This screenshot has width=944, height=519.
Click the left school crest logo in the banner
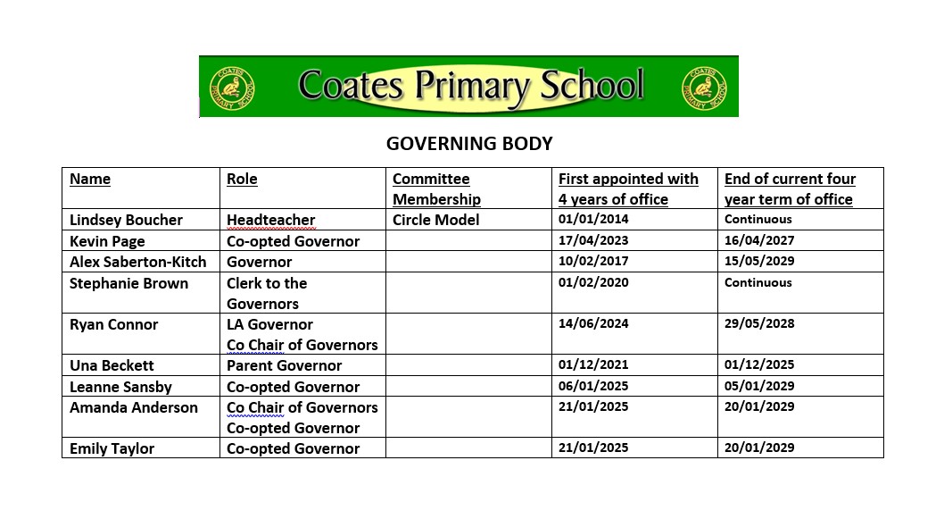tap(231, 87)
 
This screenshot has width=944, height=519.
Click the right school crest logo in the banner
tap(704, 87)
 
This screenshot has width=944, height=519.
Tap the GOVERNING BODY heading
tap(469, 144)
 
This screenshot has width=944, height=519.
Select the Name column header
tap(90, 179)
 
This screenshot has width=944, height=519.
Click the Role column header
tap(242, 179)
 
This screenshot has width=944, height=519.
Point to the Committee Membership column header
tap(436, 188)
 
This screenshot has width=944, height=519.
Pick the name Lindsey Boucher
tap(126, 220)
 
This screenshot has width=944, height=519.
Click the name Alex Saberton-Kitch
tap(137, 262)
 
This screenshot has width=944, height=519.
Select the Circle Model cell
tap(435, 220)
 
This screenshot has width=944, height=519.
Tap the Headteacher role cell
tap(270, 220)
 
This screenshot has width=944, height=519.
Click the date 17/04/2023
tap(593, 240)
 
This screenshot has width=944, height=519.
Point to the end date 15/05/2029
tap(758, 261)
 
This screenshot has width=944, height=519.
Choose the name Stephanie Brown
tap(128, 283)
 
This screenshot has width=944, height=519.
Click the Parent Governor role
tap(284, 365)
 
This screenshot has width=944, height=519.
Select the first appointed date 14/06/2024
tap(593, 323)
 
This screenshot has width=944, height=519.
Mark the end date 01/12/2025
tap(758, 364)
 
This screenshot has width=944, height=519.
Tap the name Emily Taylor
tap(112, 448)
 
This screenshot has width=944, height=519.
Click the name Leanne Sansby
tap(120, 387)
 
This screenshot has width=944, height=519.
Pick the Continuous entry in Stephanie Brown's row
tap(758, 282)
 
